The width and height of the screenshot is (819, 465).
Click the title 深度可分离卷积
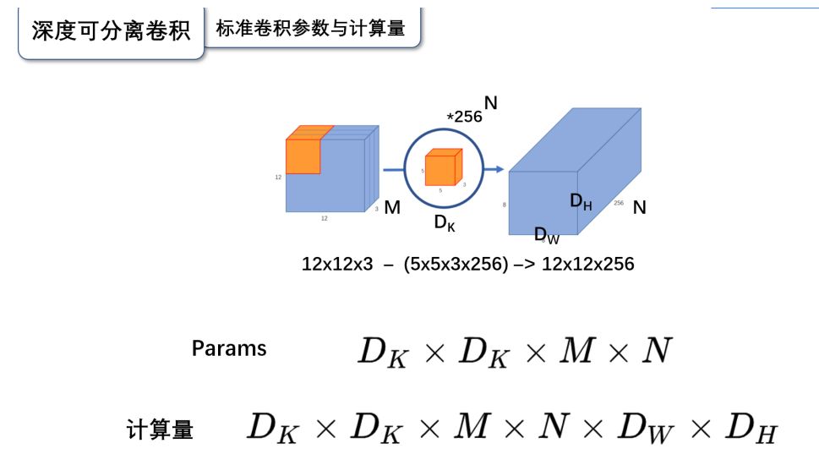111,31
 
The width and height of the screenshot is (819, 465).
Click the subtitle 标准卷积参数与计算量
310,28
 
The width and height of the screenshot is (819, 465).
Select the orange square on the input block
303,155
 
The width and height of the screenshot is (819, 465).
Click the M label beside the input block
392,207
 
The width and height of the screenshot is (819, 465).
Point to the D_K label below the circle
445,223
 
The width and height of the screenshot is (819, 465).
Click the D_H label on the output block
581,201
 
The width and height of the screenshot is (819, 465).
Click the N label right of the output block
639,207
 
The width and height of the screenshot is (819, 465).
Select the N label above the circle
490,103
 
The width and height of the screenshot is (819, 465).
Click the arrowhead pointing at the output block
499,170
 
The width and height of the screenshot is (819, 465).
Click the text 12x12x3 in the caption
336,264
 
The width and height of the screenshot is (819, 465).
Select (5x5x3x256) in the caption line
456,264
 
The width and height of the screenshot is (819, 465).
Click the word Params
229,348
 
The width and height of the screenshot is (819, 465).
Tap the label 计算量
160,429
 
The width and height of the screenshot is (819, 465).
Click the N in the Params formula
656,351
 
